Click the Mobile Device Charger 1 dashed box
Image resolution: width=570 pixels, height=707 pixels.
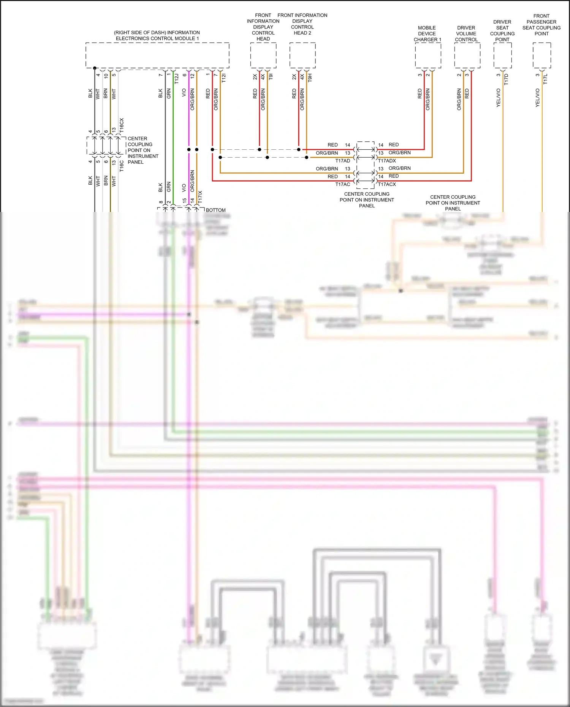coord(428,55)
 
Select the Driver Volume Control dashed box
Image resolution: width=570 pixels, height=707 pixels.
coord(467,55)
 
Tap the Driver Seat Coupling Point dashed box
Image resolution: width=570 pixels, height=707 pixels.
coord(502,55)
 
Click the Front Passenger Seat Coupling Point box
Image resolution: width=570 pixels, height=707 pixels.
coord(541,55)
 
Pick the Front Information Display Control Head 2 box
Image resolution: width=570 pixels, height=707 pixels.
coord(302,55)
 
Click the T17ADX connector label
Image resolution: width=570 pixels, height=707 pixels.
coord(387,161)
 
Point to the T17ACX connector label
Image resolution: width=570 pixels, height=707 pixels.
coord(387,184)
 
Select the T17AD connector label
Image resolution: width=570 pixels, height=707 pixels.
coord(342,161)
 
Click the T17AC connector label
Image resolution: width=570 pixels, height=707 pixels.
coord(342,184)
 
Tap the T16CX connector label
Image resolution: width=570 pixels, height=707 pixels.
coord(122,125)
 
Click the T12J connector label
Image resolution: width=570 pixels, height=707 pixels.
coord(176,79)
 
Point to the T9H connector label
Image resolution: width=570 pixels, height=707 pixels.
coord(310,78)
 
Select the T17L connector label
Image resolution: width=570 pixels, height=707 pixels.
coord(545,79)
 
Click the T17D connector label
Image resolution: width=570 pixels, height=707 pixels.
coord(506,79)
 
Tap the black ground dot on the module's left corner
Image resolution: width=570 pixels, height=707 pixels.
coord(95,68)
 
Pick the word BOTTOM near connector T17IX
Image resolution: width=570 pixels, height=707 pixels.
coord(215,210)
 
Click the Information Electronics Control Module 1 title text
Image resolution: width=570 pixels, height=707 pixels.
coord(157,35)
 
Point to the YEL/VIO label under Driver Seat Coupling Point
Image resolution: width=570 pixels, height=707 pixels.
coord(499,98)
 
